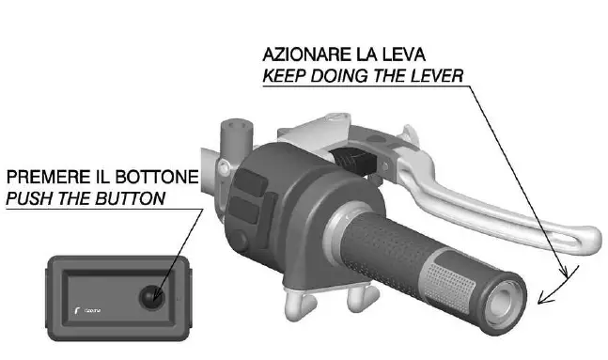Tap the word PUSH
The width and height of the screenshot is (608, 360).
point(30,198)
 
